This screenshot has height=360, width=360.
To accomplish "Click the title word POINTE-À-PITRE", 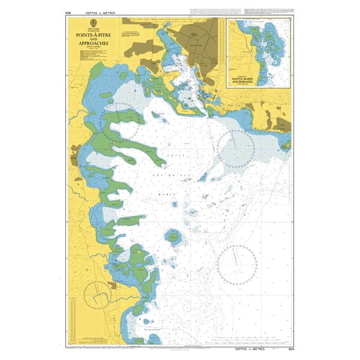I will coord(89,35).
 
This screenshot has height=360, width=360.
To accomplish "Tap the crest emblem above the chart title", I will coord(89,25).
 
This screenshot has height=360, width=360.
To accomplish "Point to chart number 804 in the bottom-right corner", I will coord(291,347).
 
